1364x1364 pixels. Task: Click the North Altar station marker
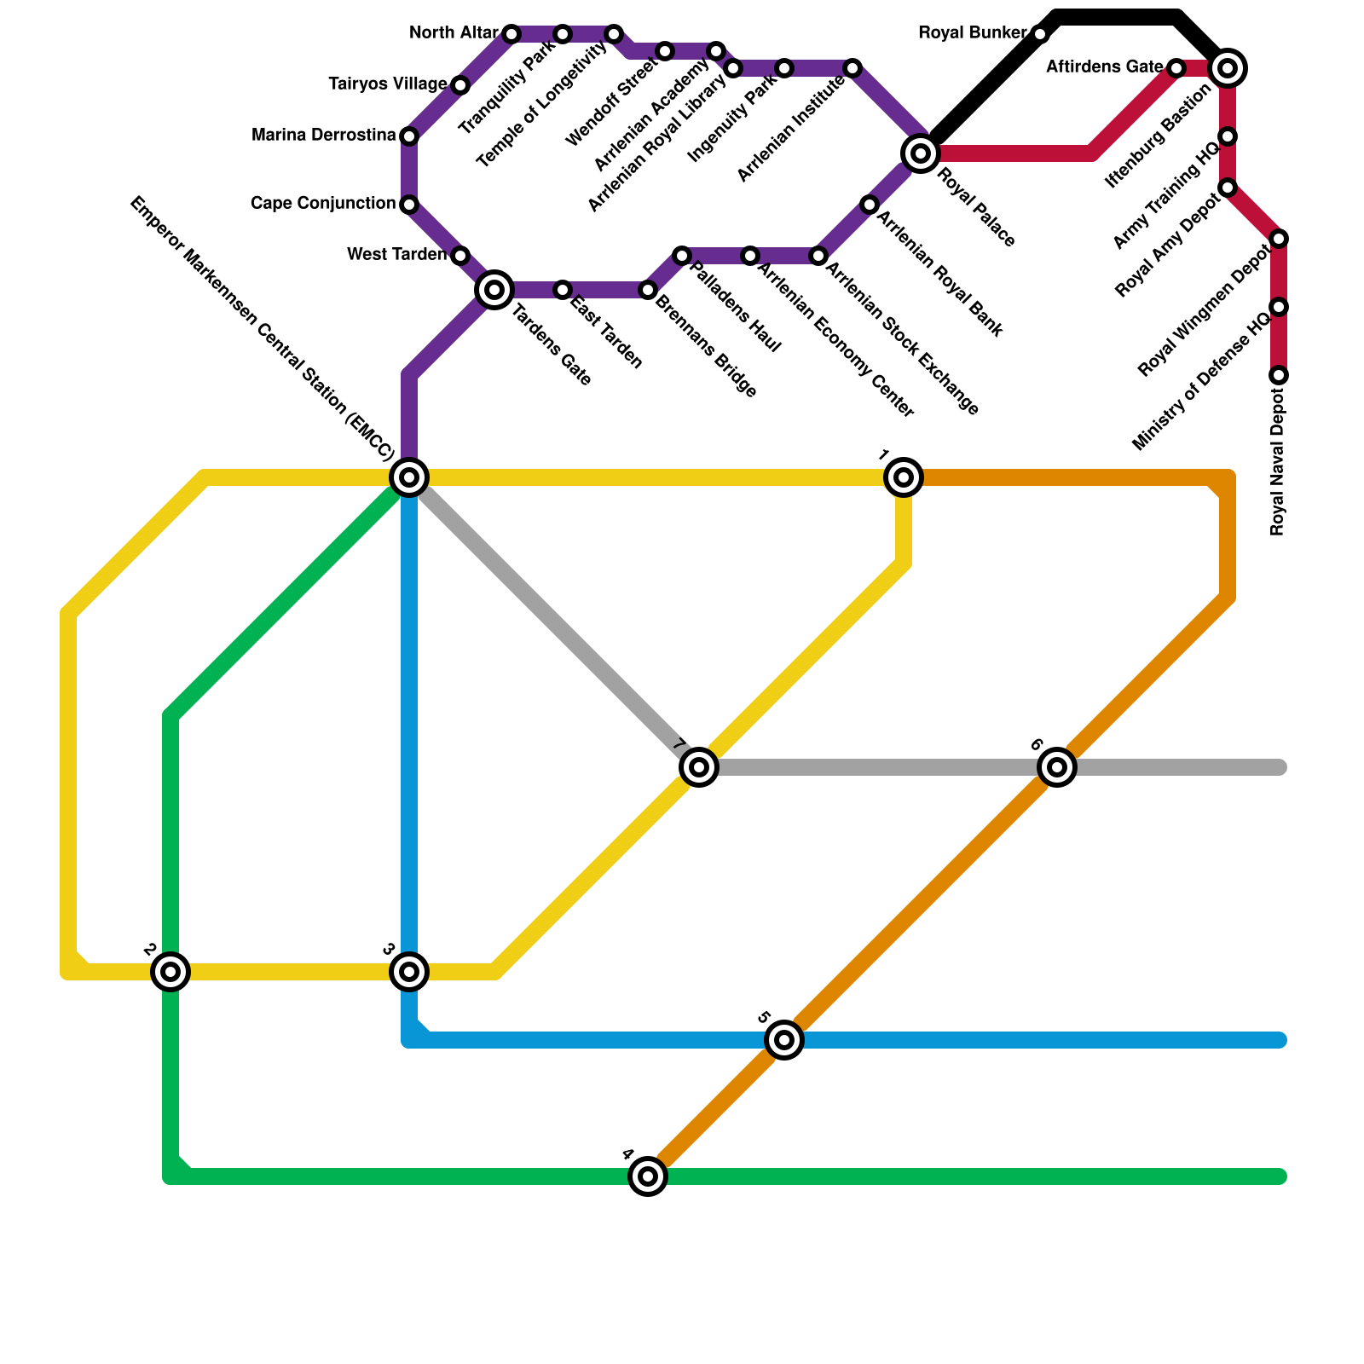(511, 34)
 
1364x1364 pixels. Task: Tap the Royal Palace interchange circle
(921, 153)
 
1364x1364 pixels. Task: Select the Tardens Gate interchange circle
(494, 290)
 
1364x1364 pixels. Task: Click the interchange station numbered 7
(699, 767)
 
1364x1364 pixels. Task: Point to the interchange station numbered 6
(1057, 767)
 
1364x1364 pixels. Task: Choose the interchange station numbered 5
(784, 1040)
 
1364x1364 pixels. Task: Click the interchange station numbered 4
(648, 1176)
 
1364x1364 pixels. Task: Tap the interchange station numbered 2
(170, 971)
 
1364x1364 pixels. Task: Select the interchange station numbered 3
(409, 971)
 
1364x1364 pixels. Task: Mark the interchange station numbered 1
(904, 477)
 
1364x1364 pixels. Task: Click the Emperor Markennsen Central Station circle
(409, 477)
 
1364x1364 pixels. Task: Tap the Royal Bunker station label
(972, 33)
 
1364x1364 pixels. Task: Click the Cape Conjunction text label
(323, 204)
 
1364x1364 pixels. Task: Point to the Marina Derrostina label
(324, 136)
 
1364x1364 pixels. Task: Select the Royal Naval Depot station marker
(1279, 375)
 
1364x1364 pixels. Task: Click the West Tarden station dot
(460, 256)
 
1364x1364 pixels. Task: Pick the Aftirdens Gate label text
(1104, 67)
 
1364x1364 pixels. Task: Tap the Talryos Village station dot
(460, 85)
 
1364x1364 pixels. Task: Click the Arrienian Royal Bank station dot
(869, 205)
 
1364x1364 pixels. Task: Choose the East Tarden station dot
(562, 290)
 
